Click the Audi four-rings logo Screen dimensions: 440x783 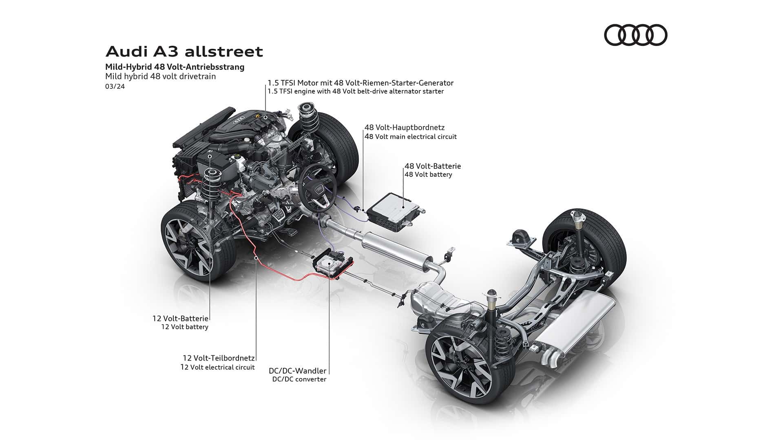635,35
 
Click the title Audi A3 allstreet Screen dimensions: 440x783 184,52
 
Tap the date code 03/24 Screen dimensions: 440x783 115,86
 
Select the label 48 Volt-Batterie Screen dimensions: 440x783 433,166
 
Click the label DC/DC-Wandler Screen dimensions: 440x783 297,371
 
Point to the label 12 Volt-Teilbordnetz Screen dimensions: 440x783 219,358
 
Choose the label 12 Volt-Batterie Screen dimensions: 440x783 180,318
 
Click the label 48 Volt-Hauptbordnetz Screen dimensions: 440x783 405,128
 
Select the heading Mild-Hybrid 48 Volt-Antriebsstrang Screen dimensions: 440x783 175,67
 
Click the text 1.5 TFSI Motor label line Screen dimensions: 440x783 361,83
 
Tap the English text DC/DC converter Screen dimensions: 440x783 299,379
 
